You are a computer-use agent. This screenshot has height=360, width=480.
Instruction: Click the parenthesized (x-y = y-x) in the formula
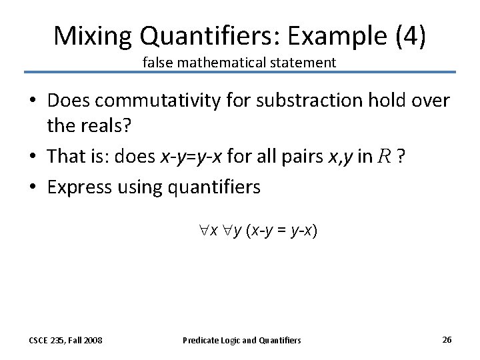click(282, 230)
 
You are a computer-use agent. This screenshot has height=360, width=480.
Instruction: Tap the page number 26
click(447, 339)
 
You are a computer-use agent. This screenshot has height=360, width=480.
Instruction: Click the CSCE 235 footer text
click(65, 340)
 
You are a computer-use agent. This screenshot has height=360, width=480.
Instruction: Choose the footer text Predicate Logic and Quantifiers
click(241, 340)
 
